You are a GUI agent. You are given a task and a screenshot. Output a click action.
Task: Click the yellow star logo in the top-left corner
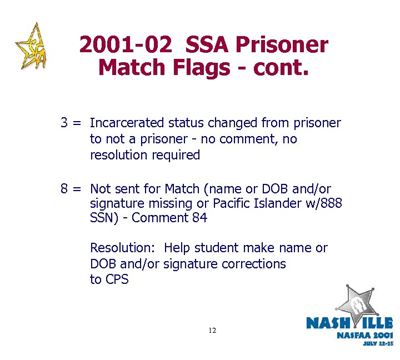pyautogui.click(x=32, y=47)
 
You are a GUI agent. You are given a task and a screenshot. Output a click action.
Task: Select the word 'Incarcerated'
pyautogui.click(x=127, y=122)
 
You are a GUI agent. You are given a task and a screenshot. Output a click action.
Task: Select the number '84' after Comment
pyautogui.click(x=199, y=218)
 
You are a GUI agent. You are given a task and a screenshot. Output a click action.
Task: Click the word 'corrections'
pyautogui.click(x=253, y=264)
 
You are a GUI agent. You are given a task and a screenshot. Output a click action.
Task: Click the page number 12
pyautogui.click(x=212, y=331)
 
